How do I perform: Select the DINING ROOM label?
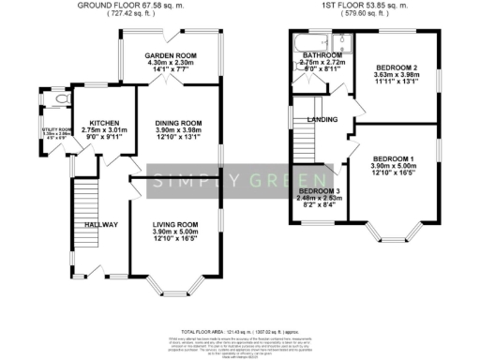click(177, 123)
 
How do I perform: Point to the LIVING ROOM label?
click(176, 224)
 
